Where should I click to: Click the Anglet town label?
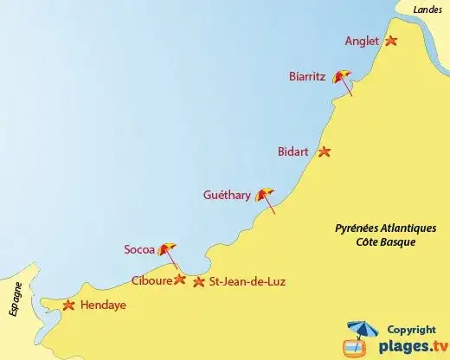362,40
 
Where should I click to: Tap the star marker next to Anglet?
391,41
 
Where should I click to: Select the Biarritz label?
307,76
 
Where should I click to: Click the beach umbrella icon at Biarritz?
344,78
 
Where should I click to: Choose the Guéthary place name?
226,196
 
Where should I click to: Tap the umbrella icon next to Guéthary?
266,196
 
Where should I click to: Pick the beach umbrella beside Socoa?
168,250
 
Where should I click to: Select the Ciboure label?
151,280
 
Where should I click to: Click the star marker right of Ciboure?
180,280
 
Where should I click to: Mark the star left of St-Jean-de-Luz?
200,281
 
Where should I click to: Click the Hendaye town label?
103,305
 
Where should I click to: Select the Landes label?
427,9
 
